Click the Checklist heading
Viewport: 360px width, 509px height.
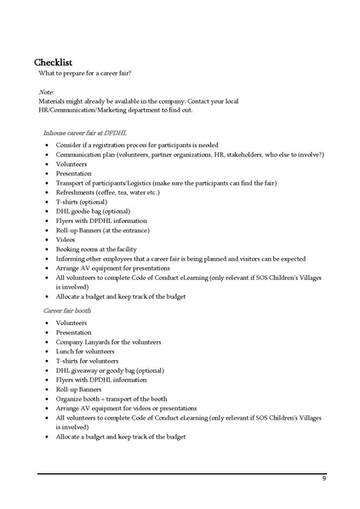pyautogui.click(x=58, y=63)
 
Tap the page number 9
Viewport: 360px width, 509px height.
pyautogui.click(x=323, y=479)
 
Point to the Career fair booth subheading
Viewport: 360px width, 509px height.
pyautogui.click(x=68, y=312)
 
